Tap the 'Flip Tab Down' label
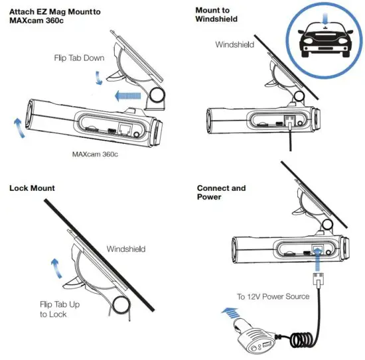(x=79, y=58)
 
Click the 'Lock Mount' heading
(x=32, y=188)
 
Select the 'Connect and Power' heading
(x=221, y=192)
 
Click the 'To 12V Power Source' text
(x=273, y=296)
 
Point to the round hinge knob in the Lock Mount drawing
(x=120, y=306)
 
